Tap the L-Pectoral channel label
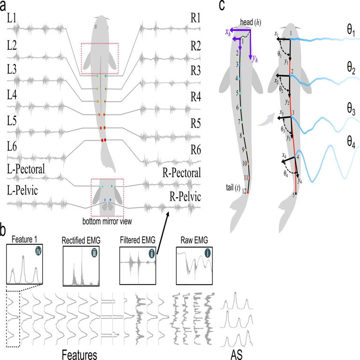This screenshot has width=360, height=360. coord(26,169)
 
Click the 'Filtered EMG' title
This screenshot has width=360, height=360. coord(138,240)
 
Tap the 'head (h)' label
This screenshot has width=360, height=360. coord(246,22)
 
